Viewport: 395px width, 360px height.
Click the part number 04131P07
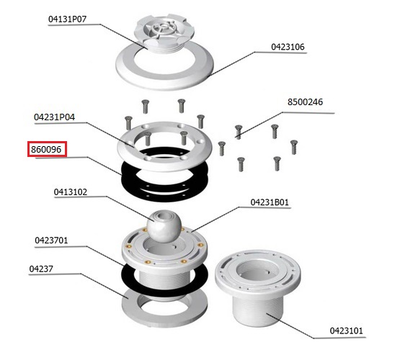click(x=67, y=19)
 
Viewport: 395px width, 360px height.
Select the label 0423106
click(x=288, y=47)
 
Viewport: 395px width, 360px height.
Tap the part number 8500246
click(x=305, y=102)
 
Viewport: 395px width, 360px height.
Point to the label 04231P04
click(x=54, y=117)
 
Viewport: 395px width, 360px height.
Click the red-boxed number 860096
click(x=46, y=150)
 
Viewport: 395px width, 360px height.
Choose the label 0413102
click(x=71, y=192)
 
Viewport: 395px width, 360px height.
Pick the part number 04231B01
click(x=270, y=202)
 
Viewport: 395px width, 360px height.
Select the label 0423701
click(x=51, y=240)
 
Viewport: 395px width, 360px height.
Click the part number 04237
click(x=41, y=269)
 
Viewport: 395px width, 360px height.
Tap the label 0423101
click(x=347, y=330)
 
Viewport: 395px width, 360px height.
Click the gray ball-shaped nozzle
click(x=164, y=226)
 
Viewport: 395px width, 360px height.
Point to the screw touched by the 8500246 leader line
click(x=239, y=132)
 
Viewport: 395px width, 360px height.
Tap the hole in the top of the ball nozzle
click(x=164, y=215)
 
